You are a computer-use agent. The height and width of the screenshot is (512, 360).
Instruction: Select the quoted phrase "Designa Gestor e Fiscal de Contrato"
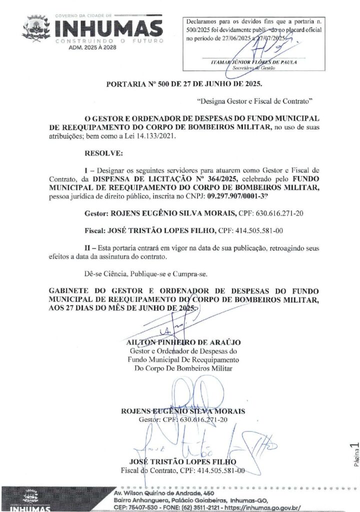click(x=255, y=101)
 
